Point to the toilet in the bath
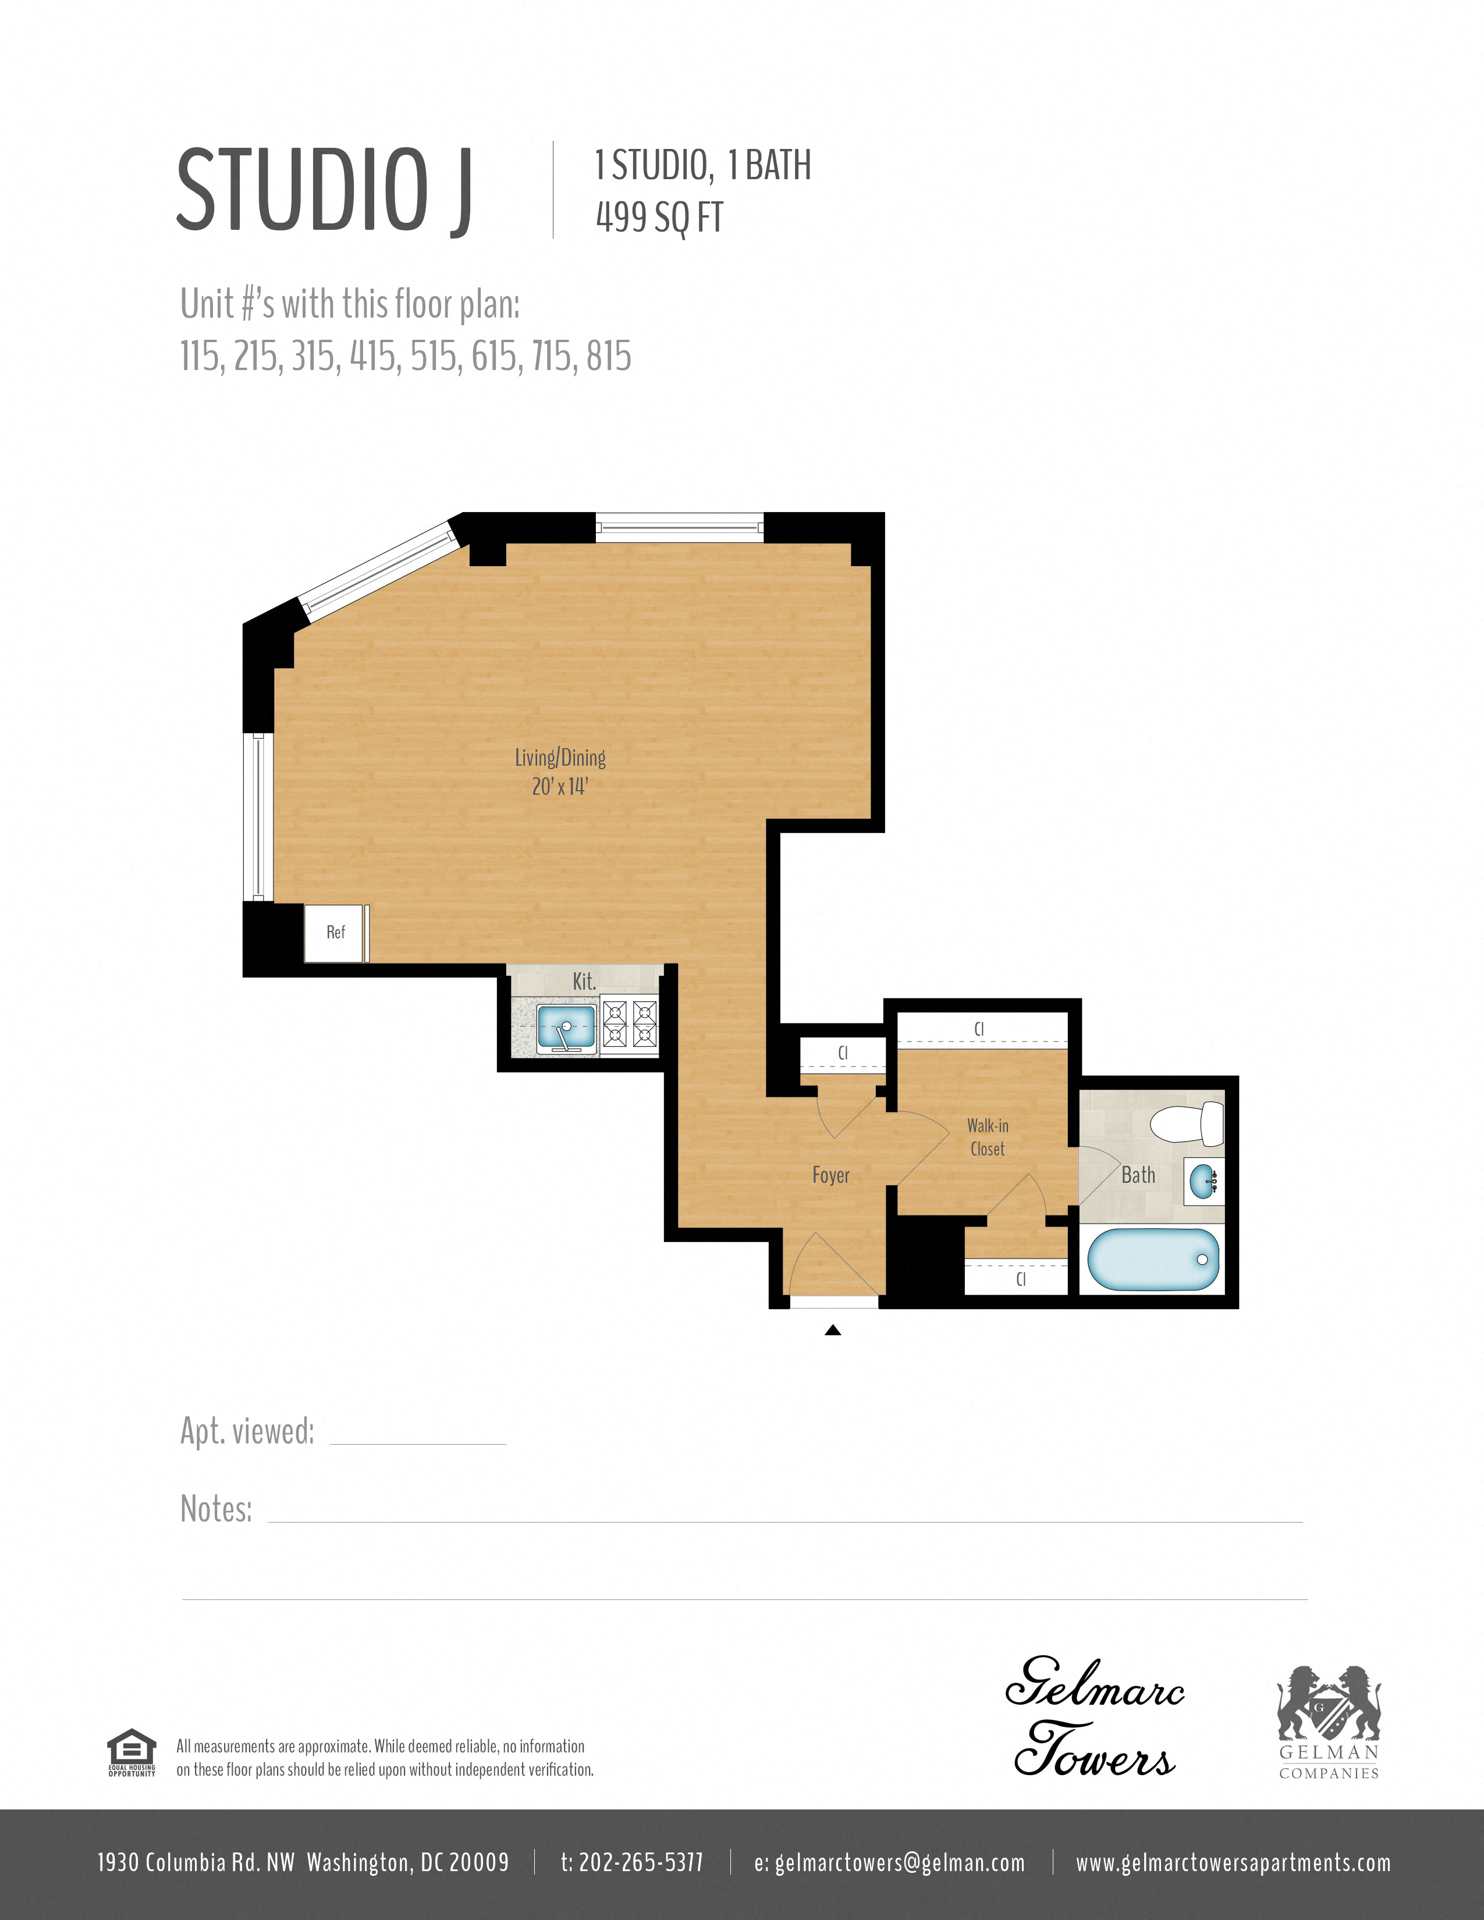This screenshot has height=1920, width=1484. (1187, 1125)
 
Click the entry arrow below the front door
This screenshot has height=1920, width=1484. (833, 1330)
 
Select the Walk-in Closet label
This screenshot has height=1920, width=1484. (987, 1137)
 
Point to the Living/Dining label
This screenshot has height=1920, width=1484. (560, 758)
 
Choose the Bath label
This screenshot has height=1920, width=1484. (1138, 1175)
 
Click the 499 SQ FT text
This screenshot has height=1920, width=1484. (659, 217)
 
